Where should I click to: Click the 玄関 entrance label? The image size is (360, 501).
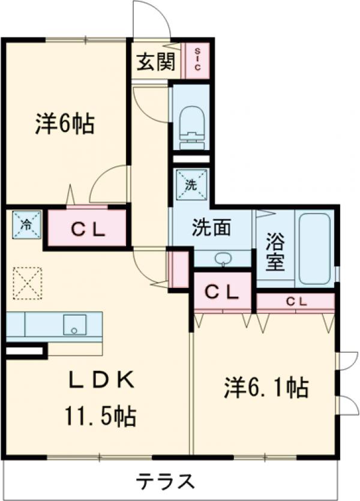coord(155,62)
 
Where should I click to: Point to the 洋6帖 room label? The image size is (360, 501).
coord(64,124)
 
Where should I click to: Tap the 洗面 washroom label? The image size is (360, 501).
coord(211,228)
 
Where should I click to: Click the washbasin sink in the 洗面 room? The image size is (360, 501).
coord(223,259)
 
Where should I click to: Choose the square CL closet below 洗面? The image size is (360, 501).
coord(222,293)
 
